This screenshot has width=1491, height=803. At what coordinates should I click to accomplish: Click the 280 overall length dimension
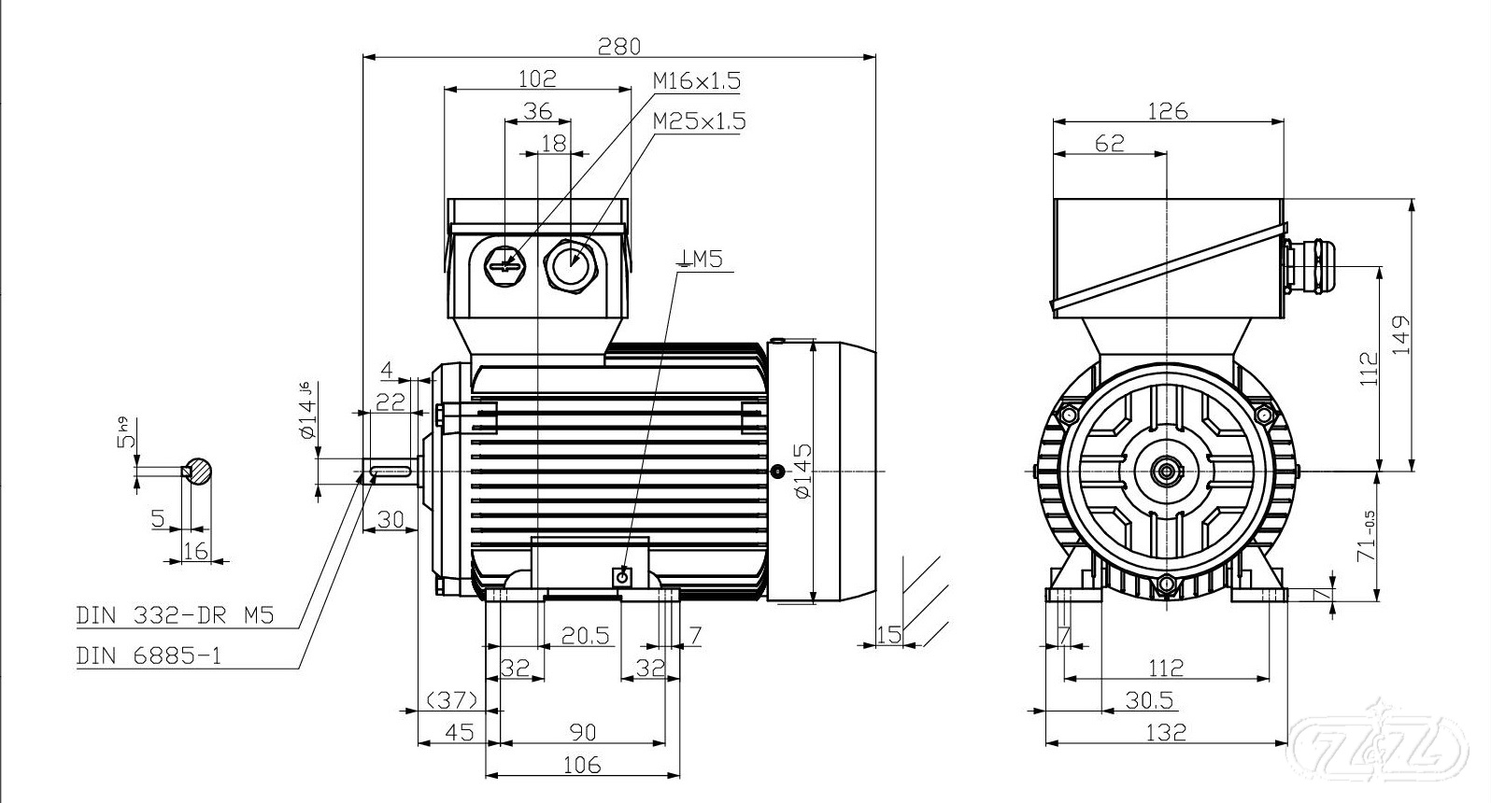coord(618,45)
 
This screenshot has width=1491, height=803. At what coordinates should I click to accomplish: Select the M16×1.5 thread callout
coord(696,81)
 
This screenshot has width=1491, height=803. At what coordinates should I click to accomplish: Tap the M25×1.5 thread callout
coord(699,121)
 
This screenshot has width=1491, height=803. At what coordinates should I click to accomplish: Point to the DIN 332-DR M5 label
coord(175,615)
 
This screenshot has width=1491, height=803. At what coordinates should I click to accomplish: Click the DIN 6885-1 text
coord(149,655)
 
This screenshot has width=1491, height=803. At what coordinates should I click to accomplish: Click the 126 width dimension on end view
coord(1167,111)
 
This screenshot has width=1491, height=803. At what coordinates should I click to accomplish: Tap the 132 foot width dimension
coord(1166,732)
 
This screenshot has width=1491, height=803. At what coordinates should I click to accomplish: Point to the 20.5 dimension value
coord(585,636)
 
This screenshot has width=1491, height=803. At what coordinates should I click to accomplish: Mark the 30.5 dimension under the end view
coord(1150,699)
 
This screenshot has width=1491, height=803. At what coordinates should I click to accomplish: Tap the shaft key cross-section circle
coord(199,472)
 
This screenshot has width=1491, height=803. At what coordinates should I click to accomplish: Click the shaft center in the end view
coord(1166,471)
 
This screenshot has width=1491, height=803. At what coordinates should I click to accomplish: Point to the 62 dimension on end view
coord(1109,143)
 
